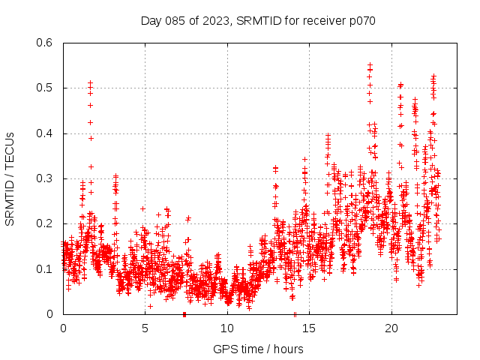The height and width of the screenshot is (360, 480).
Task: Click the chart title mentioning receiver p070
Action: click(258, 20)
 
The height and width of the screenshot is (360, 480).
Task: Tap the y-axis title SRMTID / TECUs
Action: click(10, 178)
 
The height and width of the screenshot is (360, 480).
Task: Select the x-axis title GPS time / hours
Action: click(258, 349)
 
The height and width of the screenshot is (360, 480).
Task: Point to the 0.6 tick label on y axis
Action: click(45, 43)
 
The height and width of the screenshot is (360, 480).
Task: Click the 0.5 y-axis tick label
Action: click(45, 88)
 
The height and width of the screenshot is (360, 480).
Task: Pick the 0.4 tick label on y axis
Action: click(45, 133)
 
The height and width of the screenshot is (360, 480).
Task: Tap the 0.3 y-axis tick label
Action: click(45, 178)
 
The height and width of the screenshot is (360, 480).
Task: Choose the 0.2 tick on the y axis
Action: click(45, 223)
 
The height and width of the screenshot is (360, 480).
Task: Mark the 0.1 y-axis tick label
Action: click(45, 269)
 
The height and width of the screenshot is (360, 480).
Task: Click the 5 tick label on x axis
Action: click(145, 328)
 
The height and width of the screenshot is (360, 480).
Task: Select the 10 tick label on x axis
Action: click(227, 328)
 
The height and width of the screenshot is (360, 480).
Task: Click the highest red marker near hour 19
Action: click(370, 65)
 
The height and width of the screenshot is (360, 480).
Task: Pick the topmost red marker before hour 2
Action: click(90, 82)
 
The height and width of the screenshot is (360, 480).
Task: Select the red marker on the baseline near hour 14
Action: click(295, 313)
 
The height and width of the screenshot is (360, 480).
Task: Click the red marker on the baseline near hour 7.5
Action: click(184, 313)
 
